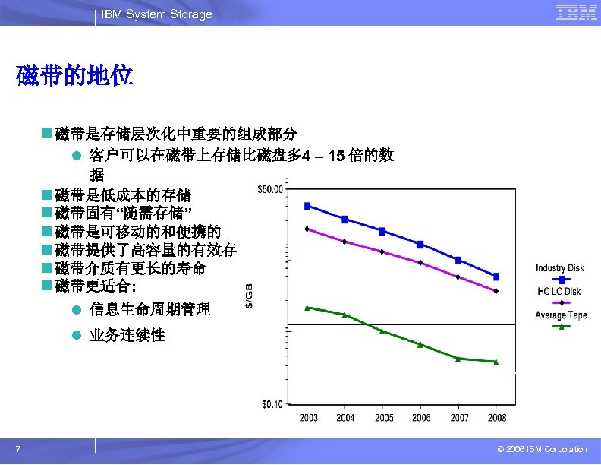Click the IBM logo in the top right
click(x=576, y=13)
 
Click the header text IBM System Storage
click(x=157, y=14)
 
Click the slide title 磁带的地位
click(x=74, y=76)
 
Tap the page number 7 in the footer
click(x=17, y=449)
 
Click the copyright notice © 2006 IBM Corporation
click(x=537, y=449)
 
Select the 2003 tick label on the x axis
click(x=309, y=418)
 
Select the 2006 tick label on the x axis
click(x=421, y=418)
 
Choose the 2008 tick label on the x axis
click(x=496, y=418)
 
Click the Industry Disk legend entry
click(x=559, y=267)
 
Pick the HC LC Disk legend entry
click(x=559, y=292)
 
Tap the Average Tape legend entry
click(x=560, y=315)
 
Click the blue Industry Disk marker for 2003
click(x=307, y=206)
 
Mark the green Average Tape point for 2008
click(x=496, y=362)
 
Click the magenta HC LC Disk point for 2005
click(x=382, y=251)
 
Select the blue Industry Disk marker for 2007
click(x=458, y=260)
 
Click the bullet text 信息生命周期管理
click(x=150, y=309)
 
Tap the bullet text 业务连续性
click(x=127, y=335)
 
